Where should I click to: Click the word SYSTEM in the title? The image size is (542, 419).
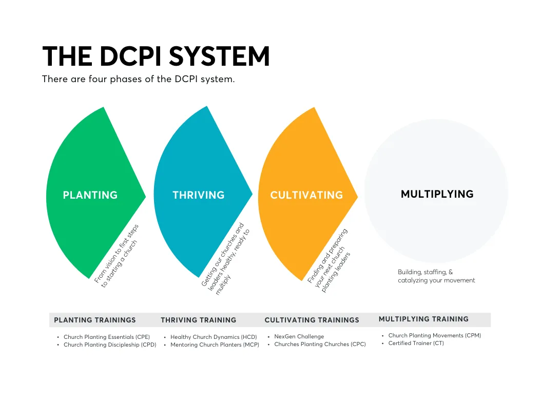coord(219,56)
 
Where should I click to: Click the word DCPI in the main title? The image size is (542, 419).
coord(130,56)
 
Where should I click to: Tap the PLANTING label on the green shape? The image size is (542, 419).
coord(90,195)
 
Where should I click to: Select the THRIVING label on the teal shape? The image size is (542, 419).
coord(199,195)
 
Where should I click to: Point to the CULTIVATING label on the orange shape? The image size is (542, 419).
coord(306,195)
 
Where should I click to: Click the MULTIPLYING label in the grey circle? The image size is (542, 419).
coord(437,194)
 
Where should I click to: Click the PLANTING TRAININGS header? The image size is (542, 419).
coord(95,320)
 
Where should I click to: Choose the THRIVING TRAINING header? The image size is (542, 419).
coord(199,320)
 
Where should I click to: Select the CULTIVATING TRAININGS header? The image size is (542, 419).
coord(312,320)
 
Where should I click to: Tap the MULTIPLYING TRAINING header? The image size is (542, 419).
coord(423,319)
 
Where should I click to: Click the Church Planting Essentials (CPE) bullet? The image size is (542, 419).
coord(107,337)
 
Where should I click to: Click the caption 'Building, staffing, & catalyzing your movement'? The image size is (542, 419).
coord(436,276)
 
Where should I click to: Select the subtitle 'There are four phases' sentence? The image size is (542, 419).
coord(138,79)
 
